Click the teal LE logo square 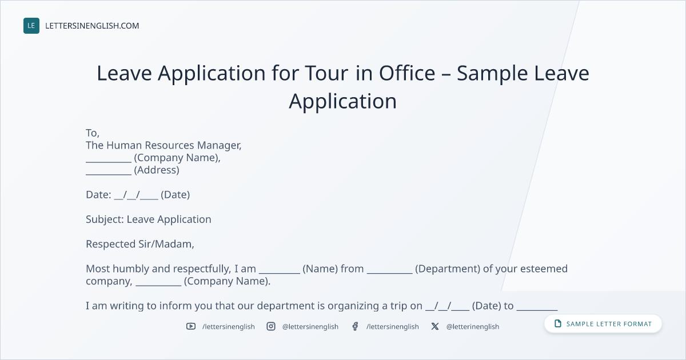pyautogui.click(x=31, y=26)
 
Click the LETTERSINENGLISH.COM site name pyautogui.click(x=92, y=26)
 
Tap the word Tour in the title pyautogui.click(x=326, y=73)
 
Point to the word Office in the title pyautogui.click(x=407, y=73)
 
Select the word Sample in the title pyautogui.click(x=492, y=74)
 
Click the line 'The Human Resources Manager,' pyautogui.click(x=163, y=145)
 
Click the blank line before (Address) pyautogui.click(x=109, y=174)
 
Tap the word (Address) pyautogui.click(x=157, y=170)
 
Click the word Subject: pyautogui.click(x=105, y=219)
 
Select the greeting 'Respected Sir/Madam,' pyautogui.click(x=140, y=244)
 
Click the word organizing pyautogui.click(x=354, y=306)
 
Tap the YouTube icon pyautogui.click(x=191, y=326)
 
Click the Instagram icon pyautogui.click(x=271, y=326)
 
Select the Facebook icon pyautogui.click(x=355, y=326)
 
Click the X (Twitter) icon pyautogui.click(x=435, y=326)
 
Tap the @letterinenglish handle pyautogui.click(x=473, y=327)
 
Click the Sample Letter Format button pyautogui.click(x=603, y=324)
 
